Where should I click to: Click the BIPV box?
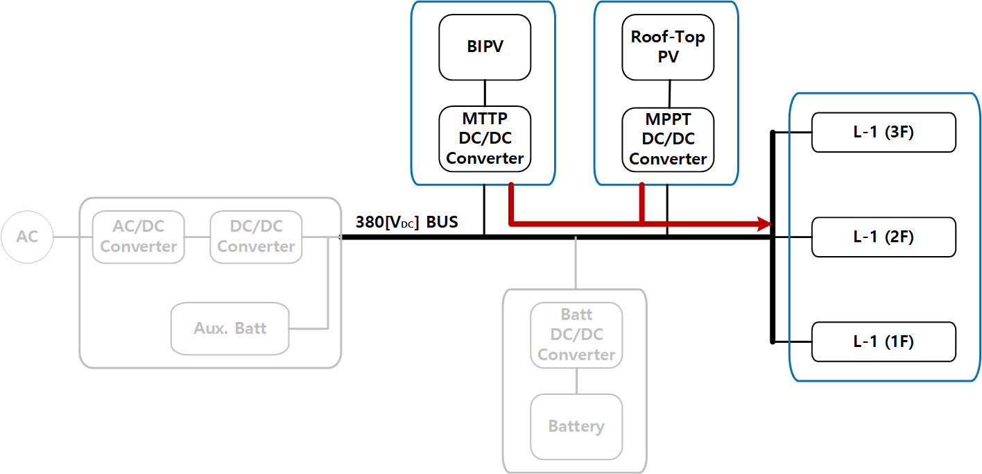[x=485, y=47]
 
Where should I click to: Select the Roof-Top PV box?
[x=668, y=47]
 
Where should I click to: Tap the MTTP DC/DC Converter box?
[x=485, y=139]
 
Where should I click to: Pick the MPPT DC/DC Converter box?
[x=668, y=139]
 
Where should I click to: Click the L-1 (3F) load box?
[x=884, y=132]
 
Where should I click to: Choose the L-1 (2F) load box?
[x=884, y=237]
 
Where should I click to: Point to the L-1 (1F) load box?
[x=884, y=341]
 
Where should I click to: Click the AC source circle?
[x=27, y=237]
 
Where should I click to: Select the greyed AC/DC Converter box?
[x=139, y=237]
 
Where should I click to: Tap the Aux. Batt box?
[x=230, y=328]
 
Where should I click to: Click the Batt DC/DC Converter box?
[x=576, y=335]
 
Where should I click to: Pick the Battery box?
[x=576, y=426]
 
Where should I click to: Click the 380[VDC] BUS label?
[x=406, y=223]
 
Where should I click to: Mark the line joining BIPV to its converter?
[x=485, y=93]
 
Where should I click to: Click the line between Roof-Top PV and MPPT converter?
[x=669, y=94]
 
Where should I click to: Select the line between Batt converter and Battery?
[x=576, y=381]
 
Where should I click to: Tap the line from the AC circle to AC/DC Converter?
[x=72, y=237]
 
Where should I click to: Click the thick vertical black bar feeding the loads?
[x=773, y=278]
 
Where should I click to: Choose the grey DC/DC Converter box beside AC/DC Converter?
[x=256, y=237]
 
